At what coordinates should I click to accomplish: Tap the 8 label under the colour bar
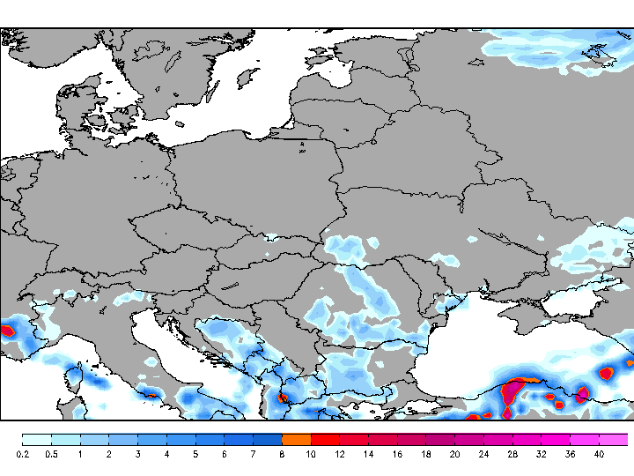tap(282, 454)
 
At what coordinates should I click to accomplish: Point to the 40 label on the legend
tap(599, 454)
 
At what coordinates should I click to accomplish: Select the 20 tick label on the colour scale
tap(454, 454)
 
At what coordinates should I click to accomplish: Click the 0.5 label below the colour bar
tap(51, 454)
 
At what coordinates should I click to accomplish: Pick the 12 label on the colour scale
tap(339, 454)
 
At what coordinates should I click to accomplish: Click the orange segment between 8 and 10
tap(297, 439)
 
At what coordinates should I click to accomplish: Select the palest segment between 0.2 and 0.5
tap(37, 439)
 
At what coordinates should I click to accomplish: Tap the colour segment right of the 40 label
tap(614, 439)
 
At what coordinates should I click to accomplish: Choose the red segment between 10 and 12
tap(325, 439)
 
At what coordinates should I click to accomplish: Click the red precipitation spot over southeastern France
tap(8, 331)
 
